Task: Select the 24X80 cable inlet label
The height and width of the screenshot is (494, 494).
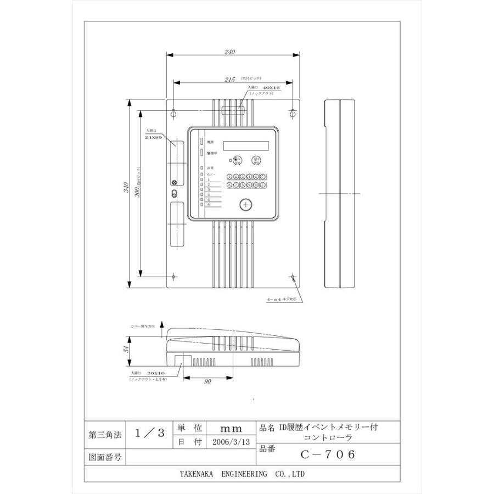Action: (x=153, y=137)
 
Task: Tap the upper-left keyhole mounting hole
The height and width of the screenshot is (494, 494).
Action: (x=174, y=113)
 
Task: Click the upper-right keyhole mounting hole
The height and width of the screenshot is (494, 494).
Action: (x=293, y=113)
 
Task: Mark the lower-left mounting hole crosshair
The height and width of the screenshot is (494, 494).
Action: (x=174, y=276)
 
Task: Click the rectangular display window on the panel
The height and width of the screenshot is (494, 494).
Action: (x=246, y=145)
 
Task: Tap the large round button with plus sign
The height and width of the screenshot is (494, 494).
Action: (x=246, y=204)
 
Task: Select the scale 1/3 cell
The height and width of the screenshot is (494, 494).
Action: (x=149, y=433)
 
